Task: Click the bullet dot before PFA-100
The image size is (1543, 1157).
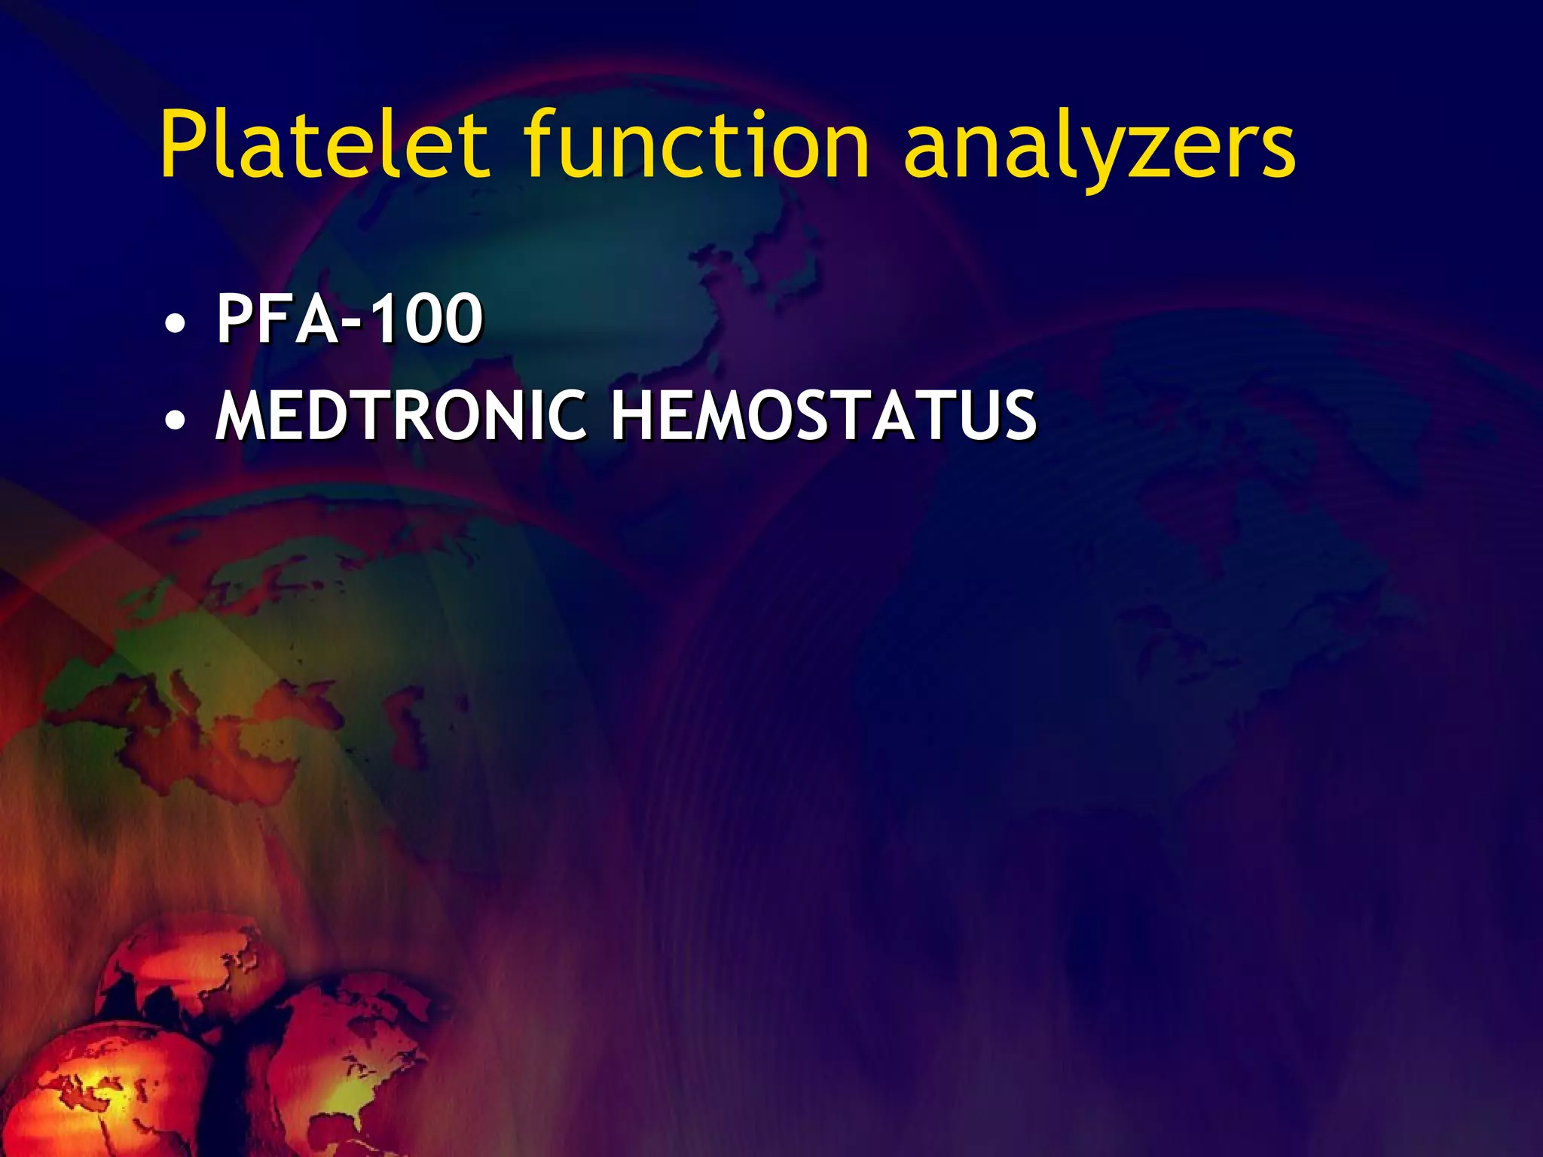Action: [x=175, y=325]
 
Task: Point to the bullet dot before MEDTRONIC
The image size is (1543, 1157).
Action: [x=175, y=421]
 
